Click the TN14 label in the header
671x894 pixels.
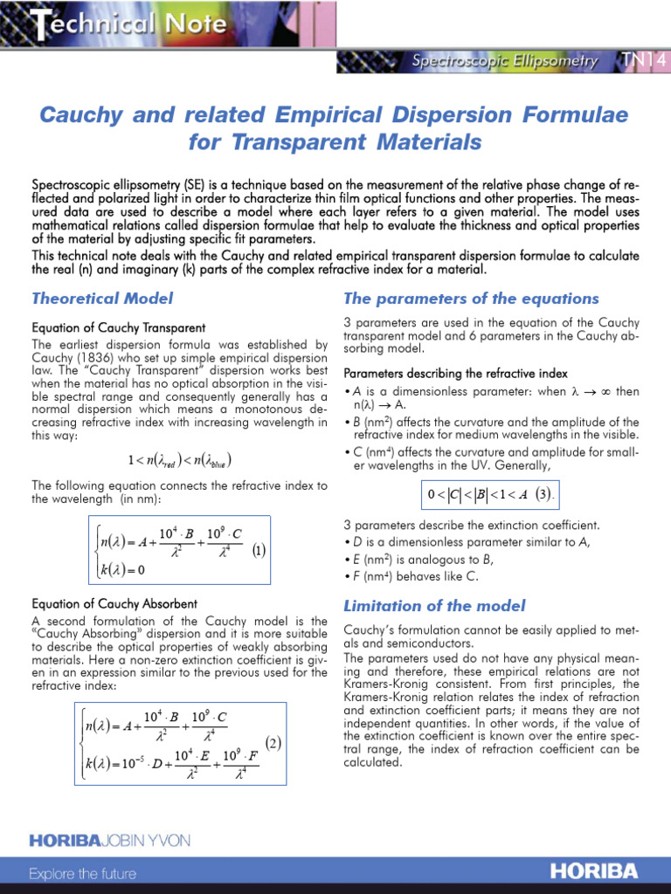645,61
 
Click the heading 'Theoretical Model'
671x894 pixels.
102,299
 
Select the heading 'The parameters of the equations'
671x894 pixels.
472,299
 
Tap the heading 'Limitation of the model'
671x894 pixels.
434,606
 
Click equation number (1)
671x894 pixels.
259,552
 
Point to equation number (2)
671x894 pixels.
273,744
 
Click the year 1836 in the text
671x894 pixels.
97,357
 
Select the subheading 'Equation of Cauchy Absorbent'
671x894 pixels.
114,603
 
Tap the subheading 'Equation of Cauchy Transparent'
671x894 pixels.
119,327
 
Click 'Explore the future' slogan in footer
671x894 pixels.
83,873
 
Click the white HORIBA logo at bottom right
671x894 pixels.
594,871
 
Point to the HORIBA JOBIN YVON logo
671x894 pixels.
109,840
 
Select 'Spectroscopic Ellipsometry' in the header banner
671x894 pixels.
505,61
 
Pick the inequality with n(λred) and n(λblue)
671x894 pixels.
179,460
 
